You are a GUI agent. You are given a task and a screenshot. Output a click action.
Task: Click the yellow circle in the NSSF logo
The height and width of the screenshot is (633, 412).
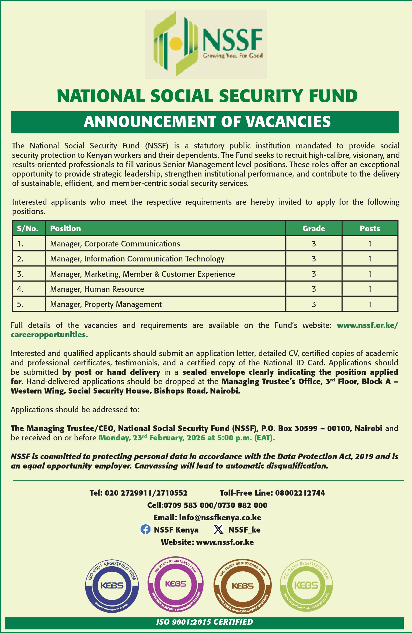176,43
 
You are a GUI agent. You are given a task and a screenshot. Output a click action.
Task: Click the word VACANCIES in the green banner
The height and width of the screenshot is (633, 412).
288,122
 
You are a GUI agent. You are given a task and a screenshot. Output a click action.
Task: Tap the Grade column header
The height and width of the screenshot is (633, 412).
314,229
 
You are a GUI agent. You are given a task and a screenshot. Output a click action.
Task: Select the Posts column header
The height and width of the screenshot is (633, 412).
370,229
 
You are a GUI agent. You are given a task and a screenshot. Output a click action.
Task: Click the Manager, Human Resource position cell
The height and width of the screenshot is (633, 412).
97,289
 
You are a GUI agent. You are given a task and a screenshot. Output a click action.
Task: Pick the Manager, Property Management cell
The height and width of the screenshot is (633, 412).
106,304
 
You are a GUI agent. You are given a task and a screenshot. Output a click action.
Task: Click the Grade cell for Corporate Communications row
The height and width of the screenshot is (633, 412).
314,244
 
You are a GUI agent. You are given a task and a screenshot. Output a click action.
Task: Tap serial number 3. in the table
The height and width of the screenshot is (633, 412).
20,274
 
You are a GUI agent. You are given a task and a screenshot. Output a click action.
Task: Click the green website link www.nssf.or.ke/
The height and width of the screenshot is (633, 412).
367,325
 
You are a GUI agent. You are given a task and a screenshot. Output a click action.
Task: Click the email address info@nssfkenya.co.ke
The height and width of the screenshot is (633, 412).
220,518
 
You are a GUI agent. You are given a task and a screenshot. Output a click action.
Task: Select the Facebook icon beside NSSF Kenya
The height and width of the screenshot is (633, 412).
145,530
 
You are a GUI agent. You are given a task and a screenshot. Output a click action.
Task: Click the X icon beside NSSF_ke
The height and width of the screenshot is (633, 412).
219,530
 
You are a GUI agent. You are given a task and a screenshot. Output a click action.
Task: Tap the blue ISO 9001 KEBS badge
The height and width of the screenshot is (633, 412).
112,586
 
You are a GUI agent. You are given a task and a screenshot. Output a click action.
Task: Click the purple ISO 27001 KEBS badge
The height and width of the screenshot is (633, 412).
175,584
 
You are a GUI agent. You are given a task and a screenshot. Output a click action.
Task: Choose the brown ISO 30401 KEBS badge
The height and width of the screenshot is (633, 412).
242,586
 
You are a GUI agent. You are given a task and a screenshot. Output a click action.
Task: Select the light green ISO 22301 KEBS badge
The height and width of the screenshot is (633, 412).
306,585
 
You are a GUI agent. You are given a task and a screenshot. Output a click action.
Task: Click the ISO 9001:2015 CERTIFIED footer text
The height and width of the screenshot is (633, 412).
204,622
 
